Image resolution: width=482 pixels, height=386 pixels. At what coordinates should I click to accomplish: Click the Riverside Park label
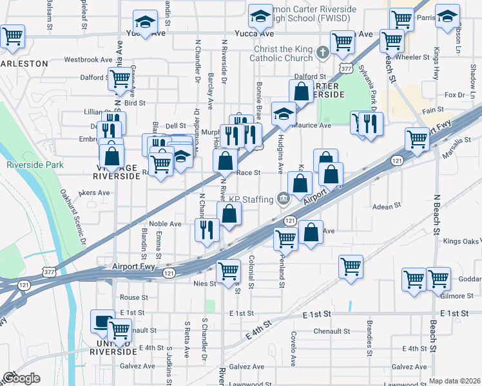(35, 165)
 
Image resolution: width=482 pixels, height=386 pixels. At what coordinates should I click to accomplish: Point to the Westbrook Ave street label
(88, 59)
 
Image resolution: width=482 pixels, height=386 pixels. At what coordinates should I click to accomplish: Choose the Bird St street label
(135, 102)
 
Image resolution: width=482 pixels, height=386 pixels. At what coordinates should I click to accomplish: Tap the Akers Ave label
(94, 192)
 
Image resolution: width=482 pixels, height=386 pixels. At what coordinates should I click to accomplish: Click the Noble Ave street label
(163, 224)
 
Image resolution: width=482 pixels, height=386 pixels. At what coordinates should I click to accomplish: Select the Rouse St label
(134, 298)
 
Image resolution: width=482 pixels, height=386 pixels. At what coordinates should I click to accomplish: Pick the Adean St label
(387, 206)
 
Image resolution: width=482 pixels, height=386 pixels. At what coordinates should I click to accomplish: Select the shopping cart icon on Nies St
(228, 270)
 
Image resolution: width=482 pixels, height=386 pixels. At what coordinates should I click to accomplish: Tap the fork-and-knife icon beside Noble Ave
(206, 229)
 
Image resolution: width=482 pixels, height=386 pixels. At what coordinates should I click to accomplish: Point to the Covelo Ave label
(293, 347)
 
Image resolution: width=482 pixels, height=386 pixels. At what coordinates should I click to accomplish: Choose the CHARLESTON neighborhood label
(24, 64)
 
